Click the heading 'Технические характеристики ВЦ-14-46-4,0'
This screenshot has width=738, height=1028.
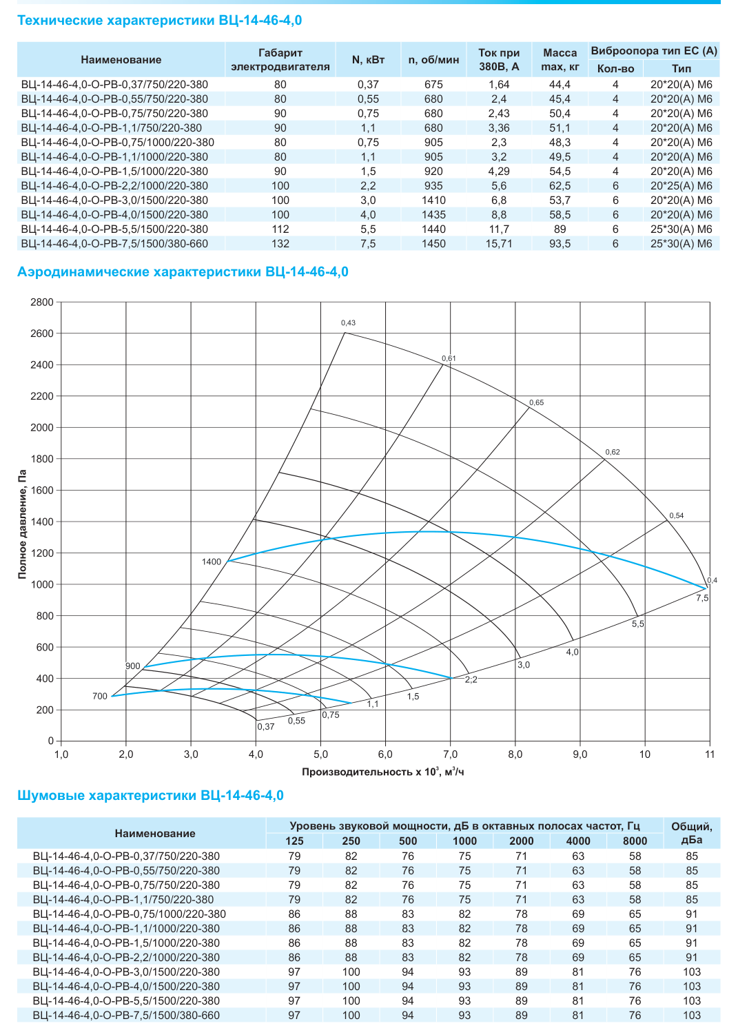159,21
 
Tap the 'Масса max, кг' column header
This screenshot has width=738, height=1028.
560,60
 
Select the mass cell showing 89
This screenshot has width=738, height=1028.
560,229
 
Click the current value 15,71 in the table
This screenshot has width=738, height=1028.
499,244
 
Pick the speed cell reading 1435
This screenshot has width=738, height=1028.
433,215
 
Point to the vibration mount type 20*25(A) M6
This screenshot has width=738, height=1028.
681,186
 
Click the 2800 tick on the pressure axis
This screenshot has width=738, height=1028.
42,302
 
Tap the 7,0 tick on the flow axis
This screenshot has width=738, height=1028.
450,754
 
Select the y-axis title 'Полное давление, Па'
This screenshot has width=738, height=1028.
22,524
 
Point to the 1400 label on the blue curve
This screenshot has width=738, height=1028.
212,562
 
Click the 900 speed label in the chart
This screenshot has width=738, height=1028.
132,666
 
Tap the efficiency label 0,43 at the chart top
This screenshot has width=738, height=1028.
349,322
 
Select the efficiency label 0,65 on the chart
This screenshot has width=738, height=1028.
537,402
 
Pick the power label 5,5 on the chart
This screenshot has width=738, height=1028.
638,624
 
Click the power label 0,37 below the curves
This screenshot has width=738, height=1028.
266,726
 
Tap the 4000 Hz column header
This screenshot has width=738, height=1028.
578,841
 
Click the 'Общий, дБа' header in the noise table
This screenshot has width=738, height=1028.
692,833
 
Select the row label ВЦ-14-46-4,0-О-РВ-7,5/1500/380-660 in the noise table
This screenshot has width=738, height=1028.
126,1015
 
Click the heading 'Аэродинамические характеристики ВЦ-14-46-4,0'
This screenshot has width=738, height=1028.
183,271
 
